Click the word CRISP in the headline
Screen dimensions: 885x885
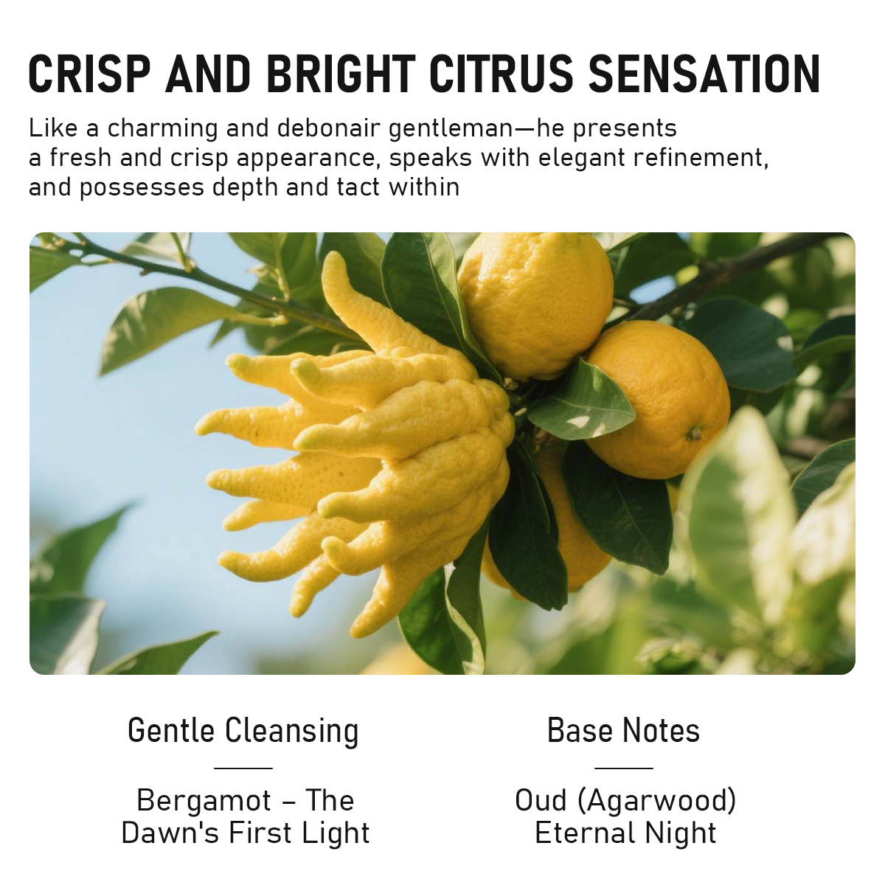point(89,74)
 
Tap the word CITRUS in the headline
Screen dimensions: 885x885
point(502,74)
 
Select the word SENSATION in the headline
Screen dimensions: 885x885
point(704,74)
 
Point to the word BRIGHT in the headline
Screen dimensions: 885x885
point(341,74)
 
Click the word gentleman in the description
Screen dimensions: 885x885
point(451,128)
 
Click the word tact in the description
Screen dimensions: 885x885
point(358,187)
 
